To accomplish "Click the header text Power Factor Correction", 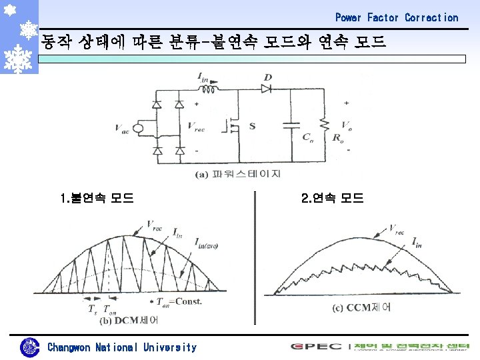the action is [397, 17].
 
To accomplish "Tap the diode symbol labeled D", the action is [267, 87].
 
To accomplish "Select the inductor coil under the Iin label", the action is [210, 89].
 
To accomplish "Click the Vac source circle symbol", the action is [139, 128].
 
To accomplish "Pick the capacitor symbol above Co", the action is [291, 124].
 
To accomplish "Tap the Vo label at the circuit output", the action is [346, 125].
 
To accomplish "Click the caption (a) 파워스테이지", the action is [238, 174].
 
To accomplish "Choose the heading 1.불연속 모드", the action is [97, 198].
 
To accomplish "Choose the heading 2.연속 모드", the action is [332, 198].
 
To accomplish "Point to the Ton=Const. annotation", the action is [179, 301].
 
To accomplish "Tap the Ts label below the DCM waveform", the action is [91, 309].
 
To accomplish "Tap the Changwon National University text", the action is [122, 347].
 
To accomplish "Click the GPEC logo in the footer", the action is [317, 346].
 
